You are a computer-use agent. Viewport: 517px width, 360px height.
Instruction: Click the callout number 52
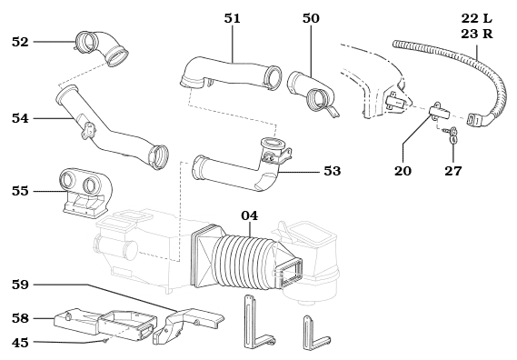coord(20,42)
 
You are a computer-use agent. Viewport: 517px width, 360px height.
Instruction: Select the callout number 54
coord(20,117)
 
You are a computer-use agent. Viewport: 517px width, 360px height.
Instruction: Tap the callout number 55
coord(20,191)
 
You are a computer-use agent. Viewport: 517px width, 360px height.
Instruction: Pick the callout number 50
coord(311,17)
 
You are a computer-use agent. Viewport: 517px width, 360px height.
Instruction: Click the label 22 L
coord(475,18)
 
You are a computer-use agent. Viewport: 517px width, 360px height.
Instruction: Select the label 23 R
coord(475,34)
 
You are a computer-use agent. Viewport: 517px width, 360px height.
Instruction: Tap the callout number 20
coord(403,170)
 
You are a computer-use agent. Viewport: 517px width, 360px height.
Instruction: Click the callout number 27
coord(452,170)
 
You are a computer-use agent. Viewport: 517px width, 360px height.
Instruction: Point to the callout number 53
coord(332,170)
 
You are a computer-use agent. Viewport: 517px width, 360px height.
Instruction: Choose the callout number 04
coord(249,215)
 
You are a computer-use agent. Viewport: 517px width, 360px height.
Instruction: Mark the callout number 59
coord(20,285)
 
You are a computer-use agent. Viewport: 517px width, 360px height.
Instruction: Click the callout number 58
coord(20,318)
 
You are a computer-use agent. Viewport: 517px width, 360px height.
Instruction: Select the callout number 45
coord(20,342)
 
